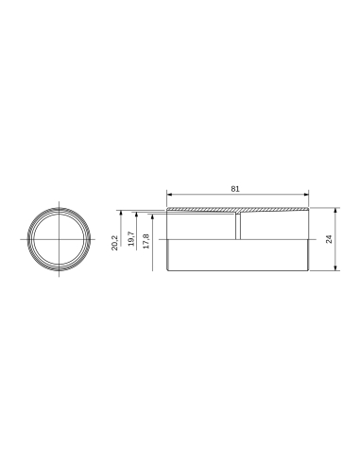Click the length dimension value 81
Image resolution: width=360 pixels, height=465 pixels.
(235, 189)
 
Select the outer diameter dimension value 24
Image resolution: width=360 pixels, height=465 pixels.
(328, 240)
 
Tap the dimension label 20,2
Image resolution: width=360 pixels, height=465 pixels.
(114, 242)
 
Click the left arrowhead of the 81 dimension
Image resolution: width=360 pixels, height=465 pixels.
(170, 196)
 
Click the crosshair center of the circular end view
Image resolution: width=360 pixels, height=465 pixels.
(60, 240)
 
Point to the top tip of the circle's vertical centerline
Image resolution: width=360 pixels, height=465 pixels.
(60, 202)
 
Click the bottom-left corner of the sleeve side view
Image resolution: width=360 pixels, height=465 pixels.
(168, 273)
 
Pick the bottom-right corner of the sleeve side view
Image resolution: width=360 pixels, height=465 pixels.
(309, 273)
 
